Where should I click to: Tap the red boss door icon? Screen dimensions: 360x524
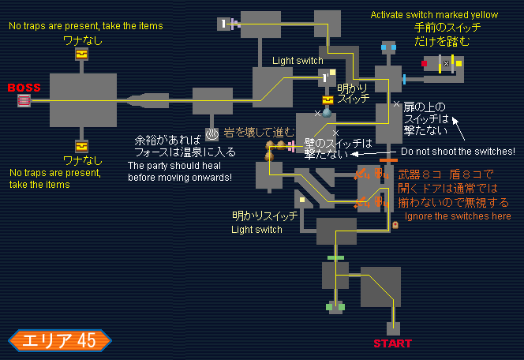tap(24, 100)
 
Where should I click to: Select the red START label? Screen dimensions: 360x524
tap(392, 343)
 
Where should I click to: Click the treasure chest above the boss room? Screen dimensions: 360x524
tap(81, 54)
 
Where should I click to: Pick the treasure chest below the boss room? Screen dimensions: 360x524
tap(81, 146)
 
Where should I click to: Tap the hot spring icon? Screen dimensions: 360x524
tap(211, 134)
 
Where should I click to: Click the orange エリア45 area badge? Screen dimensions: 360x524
tap(60, 340)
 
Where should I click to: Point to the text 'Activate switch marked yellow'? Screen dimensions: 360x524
tap(434, 15)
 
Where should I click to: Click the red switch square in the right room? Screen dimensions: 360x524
tap(424, 62)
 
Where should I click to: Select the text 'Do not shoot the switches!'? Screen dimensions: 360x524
tap(458, 152)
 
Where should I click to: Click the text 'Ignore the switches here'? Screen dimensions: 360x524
tap(458, 216)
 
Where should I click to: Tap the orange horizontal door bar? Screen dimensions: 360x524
tap(387, 161)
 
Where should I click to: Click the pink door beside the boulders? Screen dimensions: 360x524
tap(291, 145)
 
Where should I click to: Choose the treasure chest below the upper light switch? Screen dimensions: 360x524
tap(327, 100)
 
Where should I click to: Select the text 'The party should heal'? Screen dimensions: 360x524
tap(180, 166)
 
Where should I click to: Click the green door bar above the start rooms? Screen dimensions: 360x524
tap(335, 258)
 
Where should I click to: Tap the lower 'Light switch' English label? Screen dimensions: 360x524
tap(256, 230)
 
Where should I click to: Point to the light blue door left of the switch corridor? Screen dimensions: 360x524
tap(404, 78)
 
